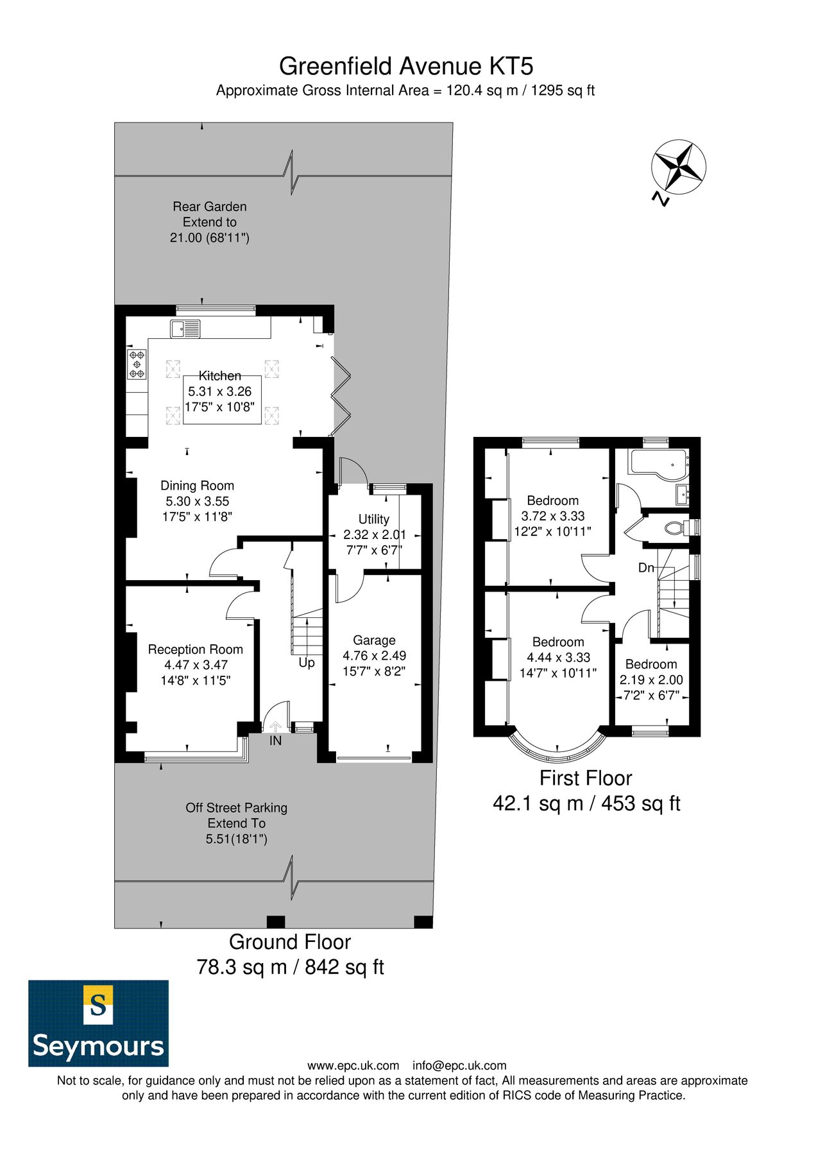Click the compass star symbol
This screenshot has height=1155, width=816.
pyautogui.click(x=678, y=167)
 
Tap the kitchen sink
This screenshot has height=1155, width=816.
pyautogui.click(x=185, y=329)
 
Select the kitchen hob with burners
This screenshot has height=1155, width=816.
pyautogui.click(x=137, y=364)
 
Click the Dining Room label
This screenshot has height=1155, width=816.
pyautogui.click(x=197, y=486)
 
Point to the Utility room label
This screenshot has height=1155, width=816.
pyautogui.click(x=373, y=519)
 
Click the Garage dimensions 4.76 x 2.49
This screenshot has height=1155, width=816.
pyautogui.click(x=374, y=656)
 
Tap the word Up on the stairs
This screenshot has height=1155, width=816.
pyautogui.click(x=307, y=662)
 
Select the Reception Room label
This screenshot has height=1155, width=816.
pyautogui.click(x=195, y=649)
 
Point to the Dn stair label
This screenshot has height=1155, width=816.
pyautogui.click(x=646, y=568)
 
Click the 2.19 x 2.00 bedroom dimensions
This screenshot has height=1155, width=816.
pyautogui.click(x=651, y=680)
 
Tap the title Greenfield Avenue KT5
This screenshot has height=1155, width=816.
pyautogui.click(x=406, y=66)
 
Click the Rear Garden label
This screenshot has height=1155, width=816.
pyautogui.click(x=209, y=207)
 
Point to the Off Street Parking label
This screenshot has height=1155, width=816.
pyautogui.click(x=236, y=808)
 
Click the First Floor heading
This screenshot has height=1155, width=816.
pyautogui.click(x=585, y=778)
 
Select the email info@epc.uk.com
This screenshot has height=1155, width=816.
pyautogui.click(x=459, y=1066)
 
